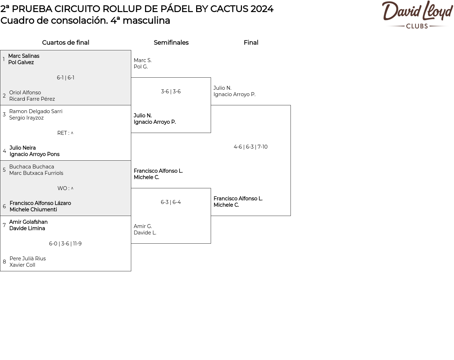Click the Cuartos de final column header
[x=66, y=43]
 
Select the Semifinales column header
[x=171, y=43]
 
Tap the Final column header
[x=251, y=43]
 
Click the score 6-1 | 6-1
[x=66, y=78]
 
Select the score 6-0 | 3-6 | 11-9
[x=65, y=244]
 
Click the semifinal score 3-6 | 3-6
[x=171, y=92]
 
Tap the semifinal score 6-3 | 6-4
[x=171, y=202]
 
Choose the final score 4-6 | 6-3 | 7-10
[x=251, y=147]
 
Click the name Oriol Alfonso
[x=25, y=93]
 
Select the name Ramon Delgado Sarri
[x=36, y=111]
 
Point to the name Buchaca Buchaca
[x=32, y=167]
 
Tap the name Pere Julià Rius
[x=28, y=259]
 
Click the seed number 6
[x=4, y=206]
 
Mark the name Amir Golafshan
[x=28, y=222]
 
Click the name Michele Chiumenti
[x=33, y=210]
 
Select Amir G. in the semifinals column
[x=143, y=226]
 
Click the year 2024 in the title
[x=262, y=9]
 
